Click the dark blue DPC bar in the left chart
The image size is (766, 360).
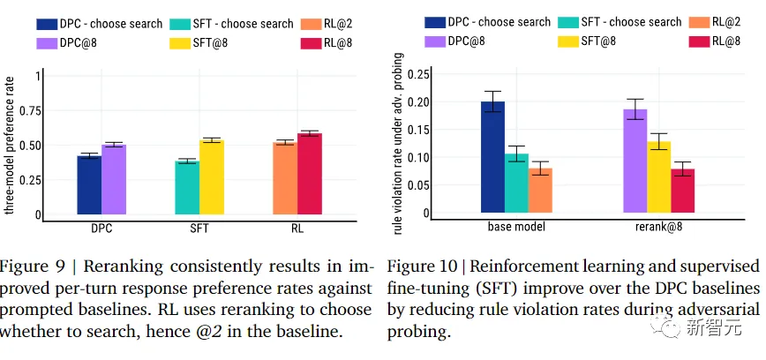(89, 184)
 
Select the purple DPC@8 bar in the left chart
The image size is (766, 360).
(114, 179)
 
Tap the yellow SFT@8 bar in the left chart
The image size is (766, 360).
(211, 176)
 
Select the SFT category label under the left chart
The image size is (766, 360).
(199, 229)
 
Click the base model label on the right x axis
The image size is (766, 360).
(516, 227)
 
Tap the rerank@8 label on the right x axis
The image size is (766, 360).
(658, 227)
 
